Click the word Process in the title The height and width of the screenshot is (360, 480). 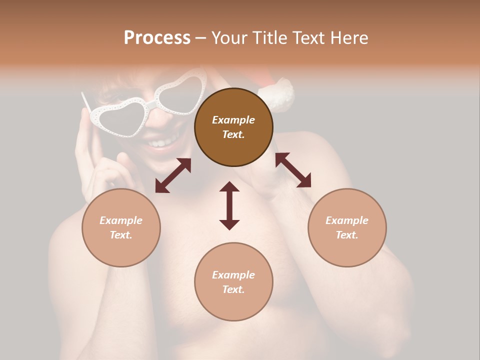point(157,38)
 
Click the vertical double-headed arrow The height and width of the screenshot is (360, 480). point(229,205)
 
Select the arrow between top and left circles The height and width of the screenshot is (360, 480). point(173,175)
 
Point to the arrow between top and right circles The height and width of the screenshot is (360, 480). point(293,170)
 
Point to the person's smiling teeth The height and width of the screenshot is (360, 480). point(159,143)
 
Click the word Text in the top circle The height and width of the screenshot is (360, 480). point(233,134)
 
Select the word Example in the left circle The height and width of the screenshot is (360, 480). point(121,220)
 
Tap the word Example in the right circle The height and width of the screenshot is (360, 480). point(347,220)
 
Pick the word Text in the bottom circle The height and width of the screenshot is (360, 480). point(233,289)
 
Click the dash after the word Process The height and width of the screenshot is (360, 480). point(200,38)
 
